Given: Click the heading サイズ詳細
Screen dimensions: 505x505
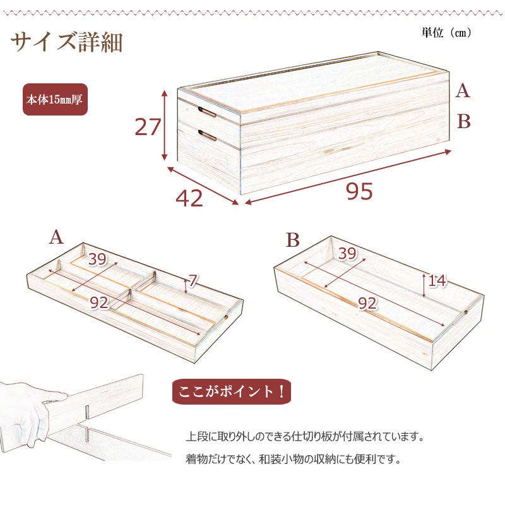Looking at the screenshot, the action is point(67,42).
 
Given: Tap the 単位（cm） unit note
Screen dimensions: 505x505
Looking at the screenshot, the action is point(446,33).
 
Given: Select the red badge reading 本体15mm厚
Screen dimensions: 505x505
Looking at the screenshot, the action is point(55,100).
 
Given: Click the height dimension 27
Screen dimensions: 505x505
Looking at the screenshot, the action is point(148,127).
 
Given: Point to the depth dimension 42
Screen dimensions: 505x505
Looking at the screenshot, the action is point(189,198).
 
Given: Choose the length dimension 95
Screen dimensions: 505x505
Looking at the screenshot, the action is point(359,191).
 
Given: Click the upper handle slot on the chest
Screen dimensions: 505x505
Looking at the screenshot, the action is point(207,112).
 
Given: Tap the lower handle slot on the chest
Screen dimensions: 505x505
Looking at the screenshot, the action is point(207,135).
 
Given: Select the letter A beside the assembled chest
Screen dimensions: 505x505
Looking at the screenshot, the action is point(463,90).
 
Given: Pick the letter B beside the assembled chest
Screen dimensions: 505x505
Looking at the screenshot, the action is point(463,121).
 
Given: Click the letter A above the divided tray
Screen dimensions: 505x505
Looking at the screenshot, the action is point(56,238).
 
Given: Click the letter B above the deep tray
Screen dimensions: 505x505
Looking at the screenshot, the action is point(292,240).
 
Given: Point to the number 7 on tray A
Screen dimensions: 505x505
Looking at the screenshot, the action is point(193,281).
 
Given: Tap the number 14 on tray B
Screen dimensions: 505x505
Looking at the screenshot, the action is point(437,280).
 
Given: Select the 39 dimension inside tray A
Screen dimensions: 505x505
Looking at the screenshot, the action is point(97,259).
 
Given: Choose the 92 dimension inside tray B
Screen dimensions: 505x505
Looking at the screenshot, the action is point(367,304).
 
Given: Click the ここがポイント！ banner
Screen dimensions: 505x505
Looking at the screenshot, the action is point(232,391).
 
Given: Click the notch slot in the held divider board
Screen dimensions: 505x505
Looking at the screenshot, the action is point(87,412).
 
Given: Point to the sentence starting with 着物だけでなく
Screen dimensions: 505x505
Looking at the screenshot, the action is point(294,459).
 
